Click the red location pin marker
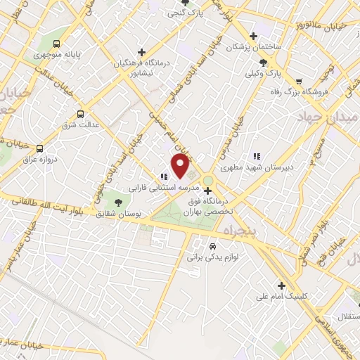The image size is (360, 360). [181, 166]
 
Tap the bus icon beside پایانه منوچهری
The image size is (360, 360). [56, 42]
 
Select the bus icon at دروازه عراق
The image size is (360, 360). [39, 148]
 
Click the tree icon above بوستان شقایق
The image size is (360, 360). [117, 202]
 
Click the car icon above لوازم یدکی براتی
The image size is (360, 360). [212, 247]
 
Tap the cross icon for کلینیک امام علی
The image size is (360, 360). [282, 285]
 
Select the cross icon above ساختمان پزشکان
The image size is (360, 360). [254, 36]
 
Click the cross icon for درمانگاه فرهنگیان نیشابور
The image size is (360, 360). [142, 52]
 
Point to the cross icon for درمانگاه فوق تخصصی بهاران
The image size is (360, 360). [207, 190]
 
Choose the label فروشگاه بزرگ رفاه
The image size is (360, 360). [303, 91]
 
